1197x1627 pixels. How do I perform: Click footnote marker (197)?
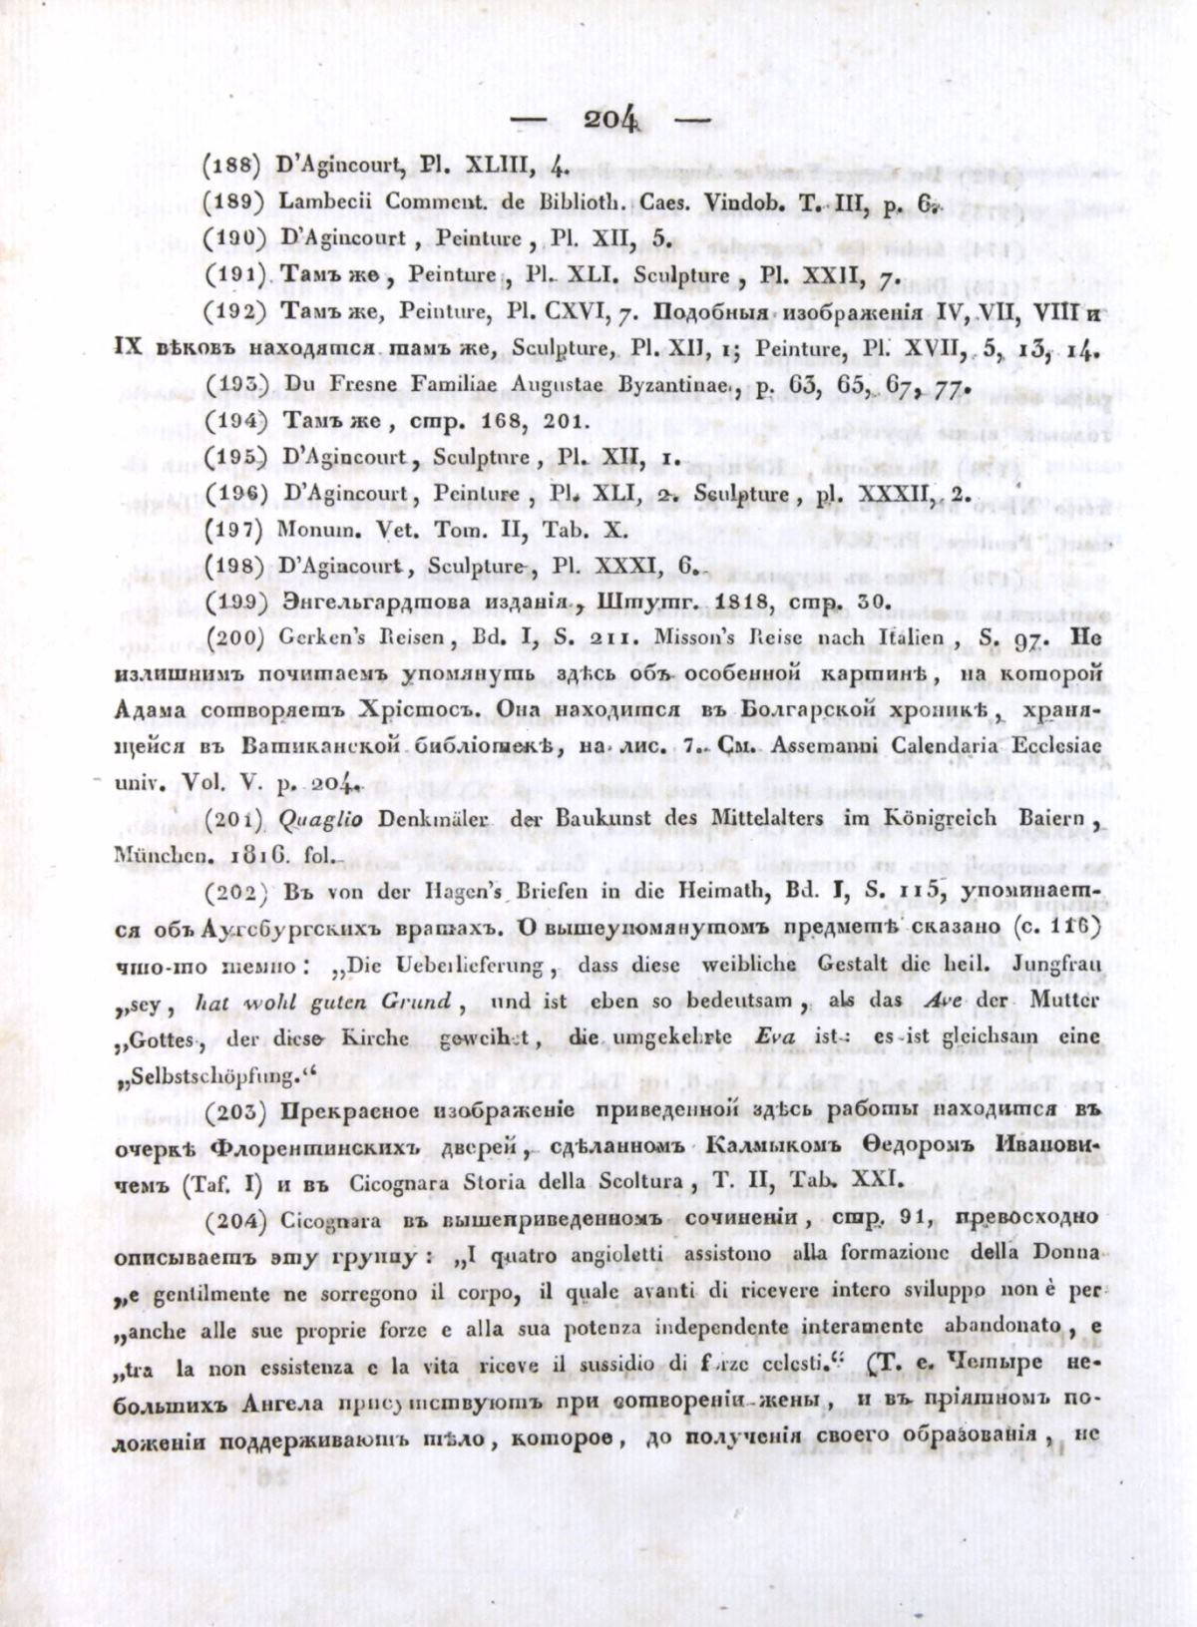233,532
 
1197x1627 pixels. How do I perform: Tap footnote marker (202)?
233,896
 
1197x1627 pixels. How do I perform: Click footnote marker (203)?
233,1112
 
